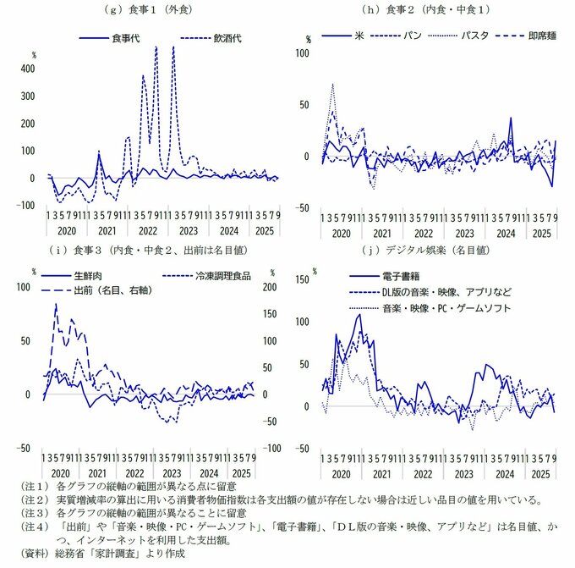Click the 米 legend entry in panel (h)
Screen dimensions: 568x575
[x=359, y=36]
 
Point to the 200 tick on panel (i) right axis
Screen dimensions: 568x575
[x=273, y=287]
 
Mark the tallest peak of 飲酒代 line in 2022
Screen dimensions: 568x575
[x=156, y=47]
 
